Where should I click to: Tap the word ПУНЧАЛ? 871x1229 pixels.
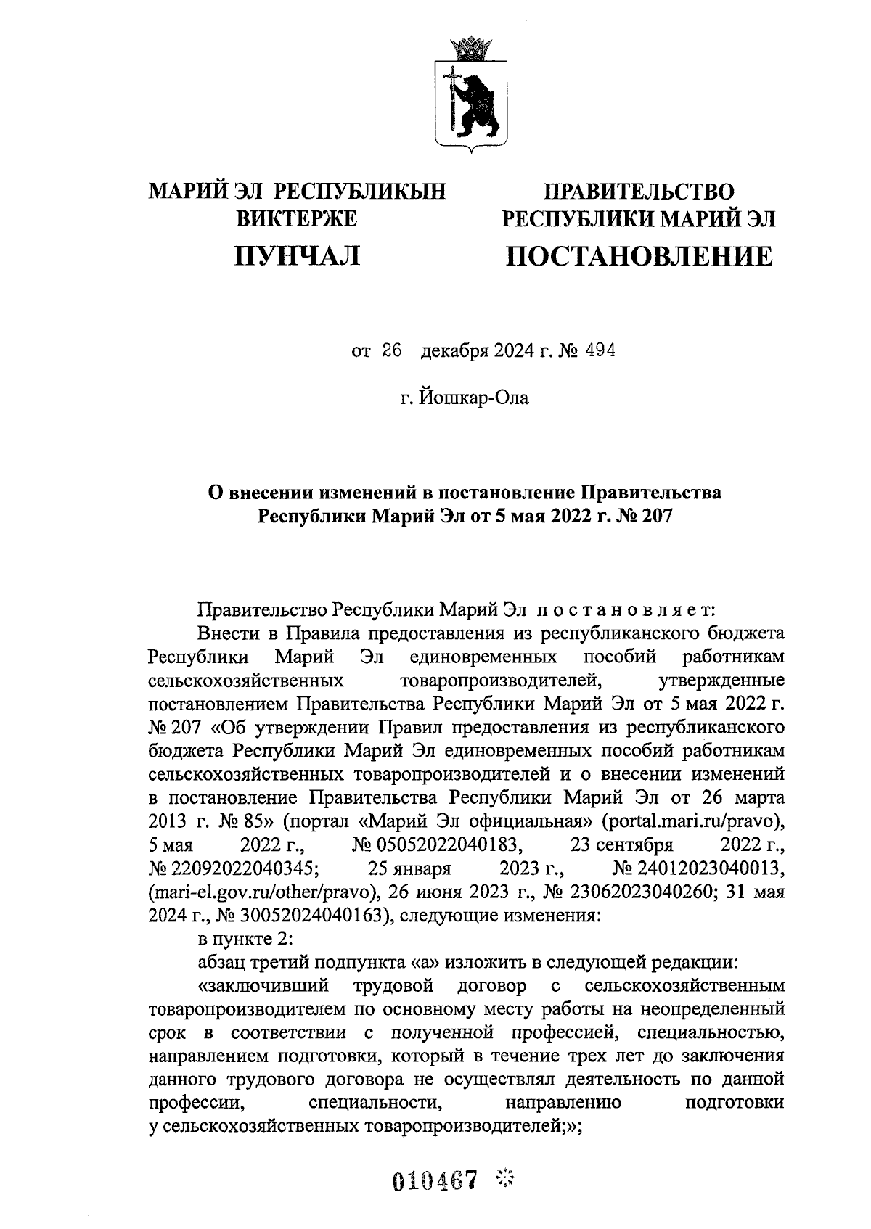(296, 255)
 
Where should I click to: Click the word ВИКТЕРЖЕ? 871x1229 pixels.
(298, 218)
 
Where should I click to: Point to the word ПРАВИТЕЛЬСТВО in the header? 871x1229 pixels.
(639, 192)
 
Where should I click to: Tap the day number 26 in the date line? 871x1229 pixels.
(391, 351)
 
